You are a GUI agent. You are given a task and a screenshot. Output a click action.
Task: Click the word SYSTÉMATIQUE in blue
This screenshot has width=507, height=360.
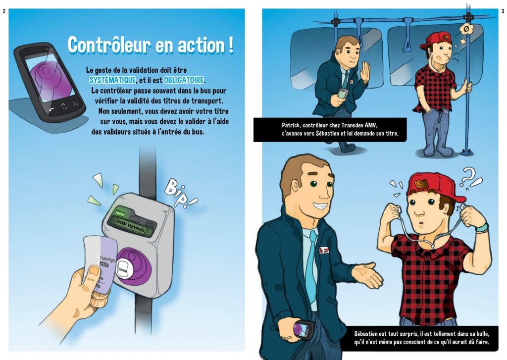112,80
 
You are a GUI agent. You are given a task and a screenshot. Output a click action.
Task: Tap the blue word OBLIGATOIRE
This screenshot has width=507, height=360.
184,80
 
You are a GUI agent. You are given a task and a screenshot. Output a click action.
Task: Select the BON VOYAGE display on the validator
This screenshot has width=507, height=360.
131,226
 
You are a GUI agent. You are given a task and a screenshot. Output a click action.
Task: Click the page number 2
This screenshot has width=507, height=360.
4,11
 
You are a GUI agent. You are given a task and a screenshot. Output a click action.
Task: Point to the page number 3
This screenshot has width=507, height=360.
503,11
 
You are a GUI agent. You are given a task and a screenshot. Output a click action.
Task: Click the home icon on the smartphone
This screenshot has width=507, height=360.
64,106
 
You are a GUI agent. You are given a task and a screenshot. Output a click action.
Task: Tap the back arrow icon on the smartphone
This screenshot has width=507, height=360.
51,110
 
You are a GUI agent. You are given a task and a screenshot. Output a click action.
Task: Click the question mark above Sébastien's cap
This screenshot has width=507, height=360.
467,176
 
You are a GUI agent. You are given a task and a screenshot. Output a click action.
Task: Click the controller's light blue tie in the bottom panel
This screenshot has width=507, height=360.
309,266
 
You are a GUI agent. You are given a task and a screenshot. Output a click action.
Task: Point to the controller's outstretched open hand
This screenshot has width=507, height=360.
368,275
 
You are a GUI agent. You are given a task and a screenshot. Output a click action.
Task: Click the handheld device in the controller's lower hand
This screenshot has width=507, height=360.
304,329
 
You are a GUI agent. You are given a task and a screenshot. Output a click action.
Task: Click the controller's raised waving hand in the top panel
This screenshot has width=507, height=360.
365,71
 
